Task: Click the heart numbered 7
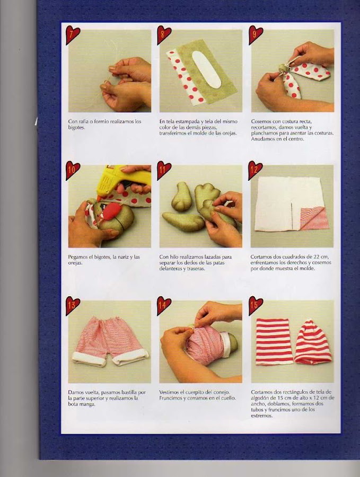72,34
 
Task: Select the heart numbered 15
255,305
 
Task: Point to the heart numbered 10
72,170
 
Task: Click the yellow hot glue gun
122,180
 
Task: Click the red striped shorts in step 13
110,341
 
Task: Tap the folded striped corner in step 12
314,218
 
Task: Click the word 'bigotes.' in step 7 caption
76,127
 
